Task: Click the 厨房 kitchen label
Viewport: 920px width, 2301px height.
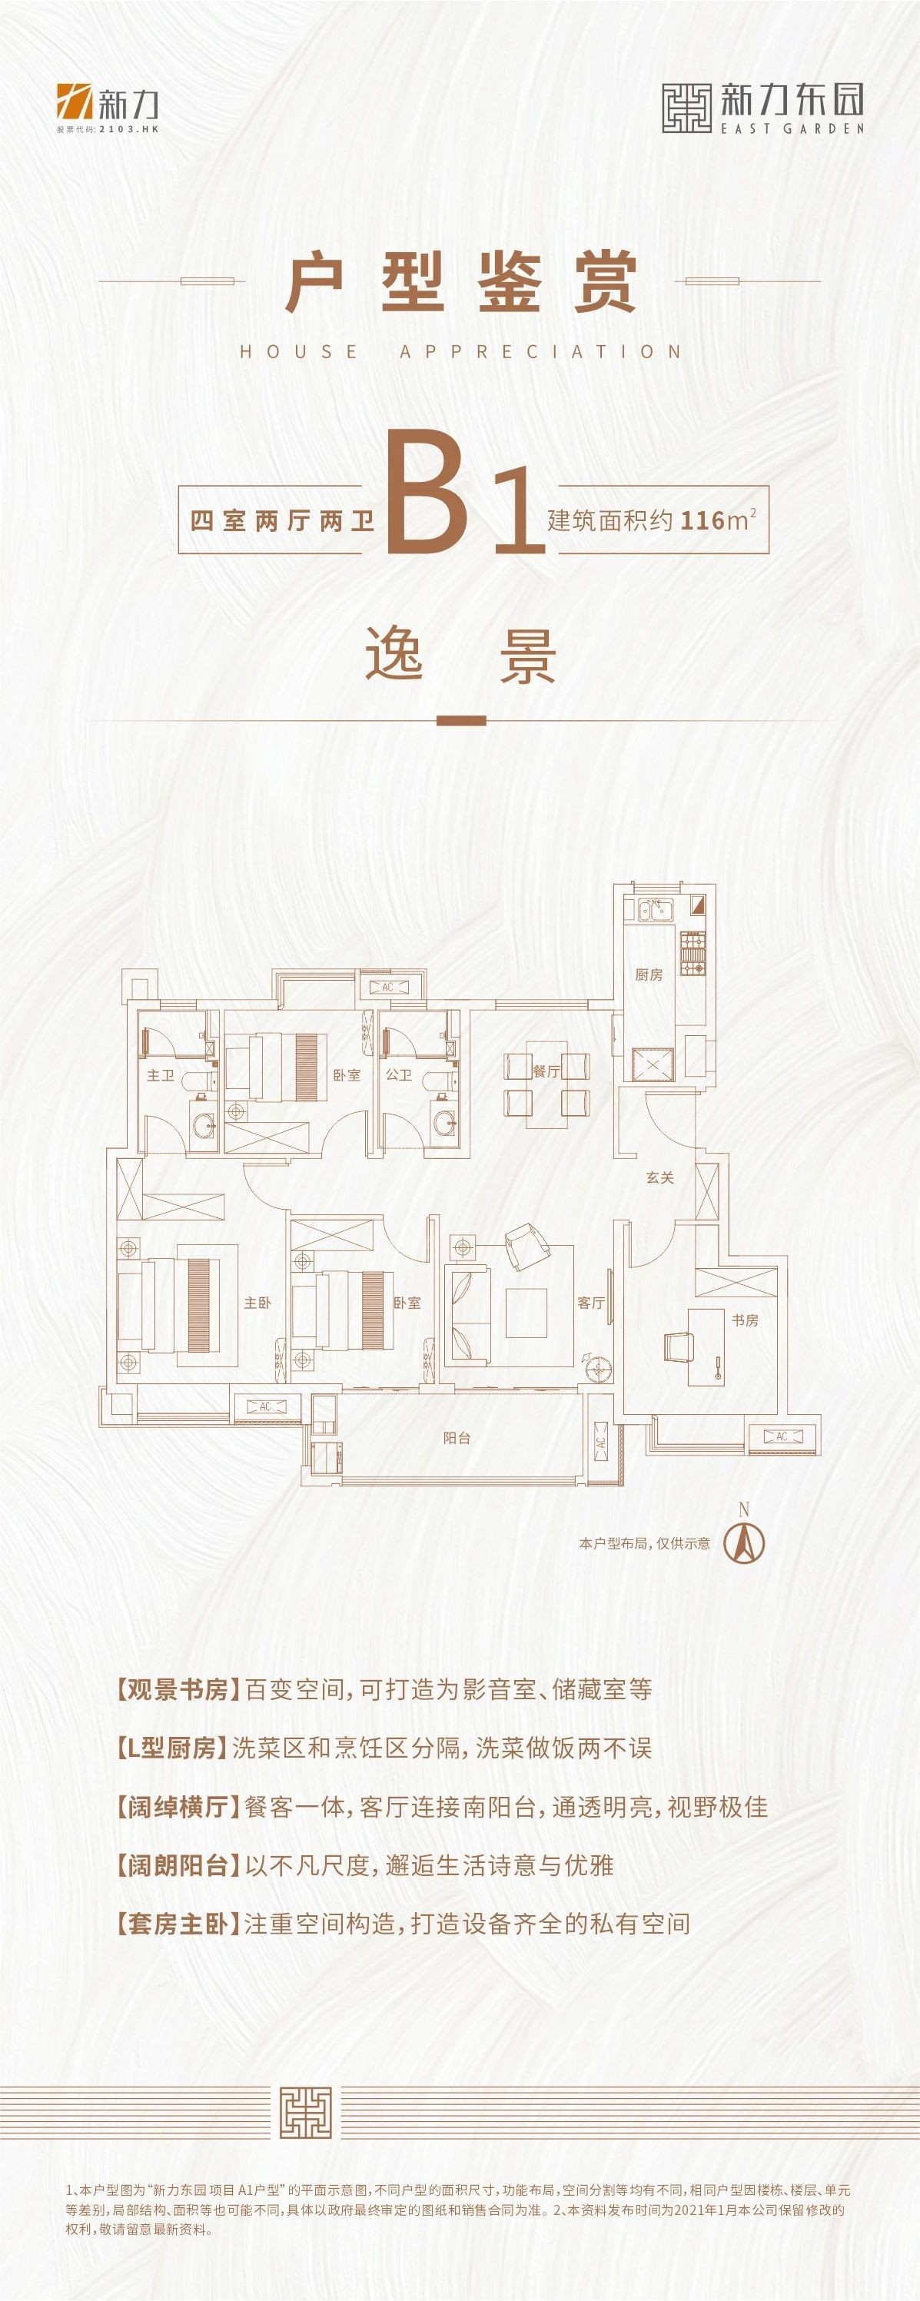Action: click(649, 975)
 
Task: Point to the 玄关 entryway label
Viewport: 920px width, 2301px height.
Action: click(660, 1177)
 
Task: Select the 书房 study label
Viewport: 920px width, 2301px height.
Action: click(745, 1320)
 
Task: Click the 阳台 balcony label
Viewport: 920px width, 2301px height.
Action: click(457, 1437)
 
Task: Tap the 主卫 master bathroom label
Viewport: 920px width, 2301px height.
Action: click(161, 1074)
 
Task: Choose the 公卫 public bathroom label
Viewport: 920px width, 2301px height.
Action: click(398, 1074)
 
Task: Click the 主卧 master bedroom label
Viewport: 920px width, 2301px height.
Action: click(257, 1303)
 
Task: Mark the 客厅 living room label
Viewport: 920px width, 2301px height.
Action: click(590, 1303)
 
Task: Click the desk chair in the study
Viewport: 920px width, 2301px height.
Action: click(677, 1343)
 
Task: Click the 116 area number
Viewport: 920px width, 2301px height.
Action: click(701, 520)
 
